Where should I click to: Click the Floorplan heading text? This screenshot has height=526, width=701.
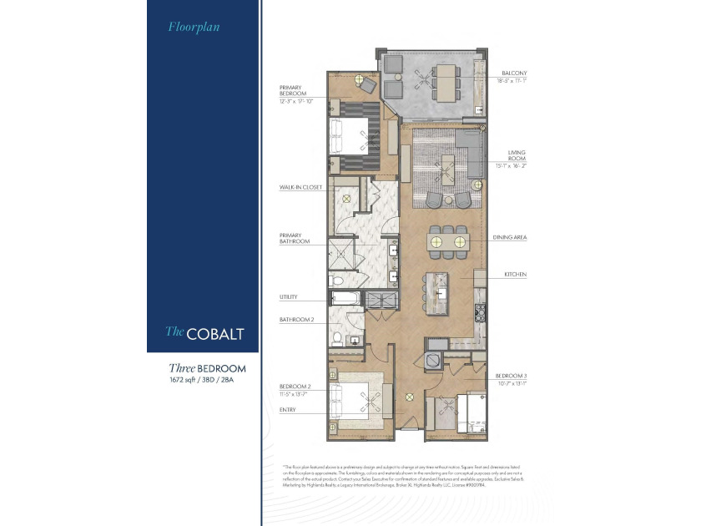[x=188, y=27]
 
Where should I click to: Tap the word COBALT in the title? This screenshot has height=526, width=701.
[x=216, y=333]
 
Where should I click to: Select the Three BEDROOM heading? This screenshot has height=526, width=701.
[x=207, y=367]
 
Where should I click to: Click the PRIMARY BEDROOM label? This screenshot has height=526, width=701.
[x=295, y=90]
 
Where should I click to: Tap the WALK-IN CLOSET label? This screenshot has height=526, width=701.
[x=300, y=187]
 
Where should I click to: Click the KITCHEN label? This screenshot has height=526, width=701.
[x=515, y=275]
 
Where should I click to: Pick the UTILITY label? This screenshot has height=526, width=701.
[x=289, y=297]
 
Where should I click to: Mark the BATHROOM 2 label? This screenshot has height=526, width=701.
[x=296, y=319]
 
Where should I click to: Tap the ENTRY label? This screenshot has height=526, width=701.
[x=288, y=409]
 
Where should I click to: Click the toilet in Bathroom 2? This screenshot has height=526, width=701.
[x=337, y=339]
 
